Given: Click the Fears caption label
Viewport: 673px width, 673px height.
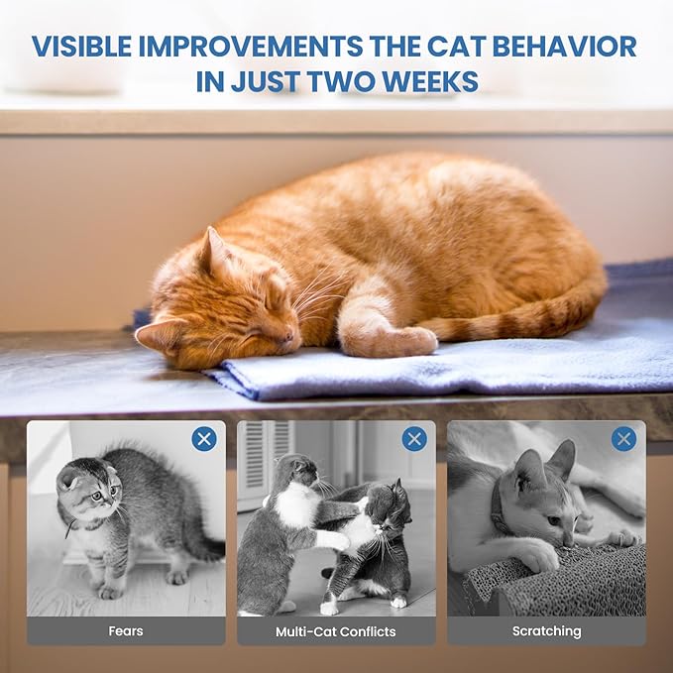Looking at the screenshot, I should [125, 631].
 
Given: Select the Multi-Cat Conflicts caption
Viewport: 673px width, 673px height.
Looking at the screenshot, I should [336, 631].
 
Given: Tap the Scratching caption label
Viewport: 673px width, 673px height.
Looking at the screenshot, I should [546, 631].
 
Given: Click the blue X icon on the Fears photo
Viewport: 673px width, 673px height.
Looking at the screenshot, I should [204, 439].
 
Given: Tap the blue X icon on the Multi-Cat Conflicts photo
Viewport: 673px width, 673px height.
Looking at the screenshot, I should [414, 439].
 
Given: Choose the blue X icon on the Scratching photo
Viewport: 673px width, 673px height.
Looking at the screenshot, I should [623, 439].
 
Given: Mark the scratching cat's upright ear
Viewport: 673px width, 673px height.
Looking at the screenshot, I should [562, 459].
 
